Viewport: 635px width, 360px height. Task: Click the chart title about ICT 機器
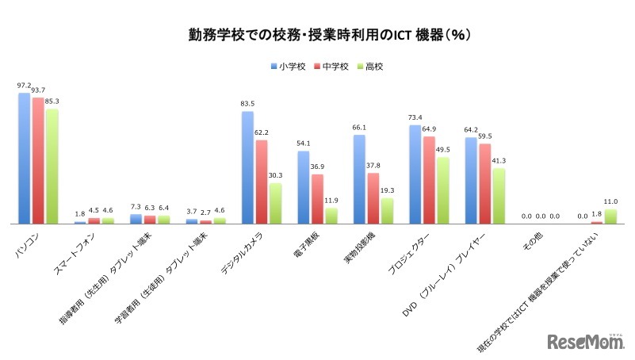coord(317,35)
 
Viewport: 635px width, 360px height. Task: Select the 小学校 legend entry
coord(289,67)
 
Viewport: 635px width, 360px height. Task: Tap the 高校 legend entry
coord(370,67)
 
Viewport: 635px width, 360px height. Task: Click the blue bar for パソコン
coord(25,159)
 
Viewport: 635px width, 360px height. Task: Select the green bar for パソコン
coord(52,167)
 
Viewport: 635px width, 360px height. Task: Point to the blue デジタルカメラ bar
coord(247,167)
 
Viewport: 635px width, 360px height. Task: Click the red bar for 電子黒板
coord(317,199)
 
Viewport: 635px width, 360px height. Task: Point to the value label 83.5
coord(248,103)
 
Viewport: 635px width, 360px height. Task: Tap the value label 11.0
coord(610,201)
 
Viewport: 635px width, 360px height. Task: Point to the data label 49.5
coord(442,149)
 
